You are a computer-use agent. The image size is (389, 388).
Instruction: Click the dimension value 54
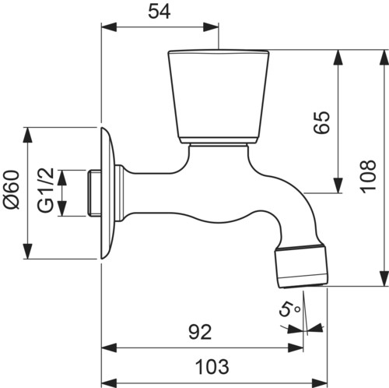click(x=159, y=12)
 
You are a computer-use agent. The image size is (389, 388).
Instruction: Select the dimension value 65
click(x=321, y=122)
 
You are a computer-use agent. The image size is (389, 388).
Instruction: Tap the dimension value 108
click(x=368, y=176)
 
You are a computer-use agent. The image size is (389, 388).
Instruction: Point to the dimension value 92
click(x=200, y=332)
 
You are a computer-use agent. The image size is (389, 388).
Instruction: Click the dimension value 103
click(x=212, y=367)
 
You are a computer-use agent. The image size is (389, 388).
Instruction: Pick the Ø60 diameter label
click(x=12, y=189)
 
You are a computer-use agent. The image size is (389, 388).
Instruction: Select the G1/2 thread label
click(x=46, y=190)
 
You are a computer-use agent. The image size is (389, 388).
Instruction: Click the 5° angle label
click(x=289, y=309)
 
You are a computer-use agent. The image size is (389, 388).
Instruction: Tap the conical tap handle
click(x=219, y=97)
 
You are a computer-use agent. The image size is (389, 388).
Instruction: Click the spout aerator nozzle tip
click(x=301, y=266)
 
